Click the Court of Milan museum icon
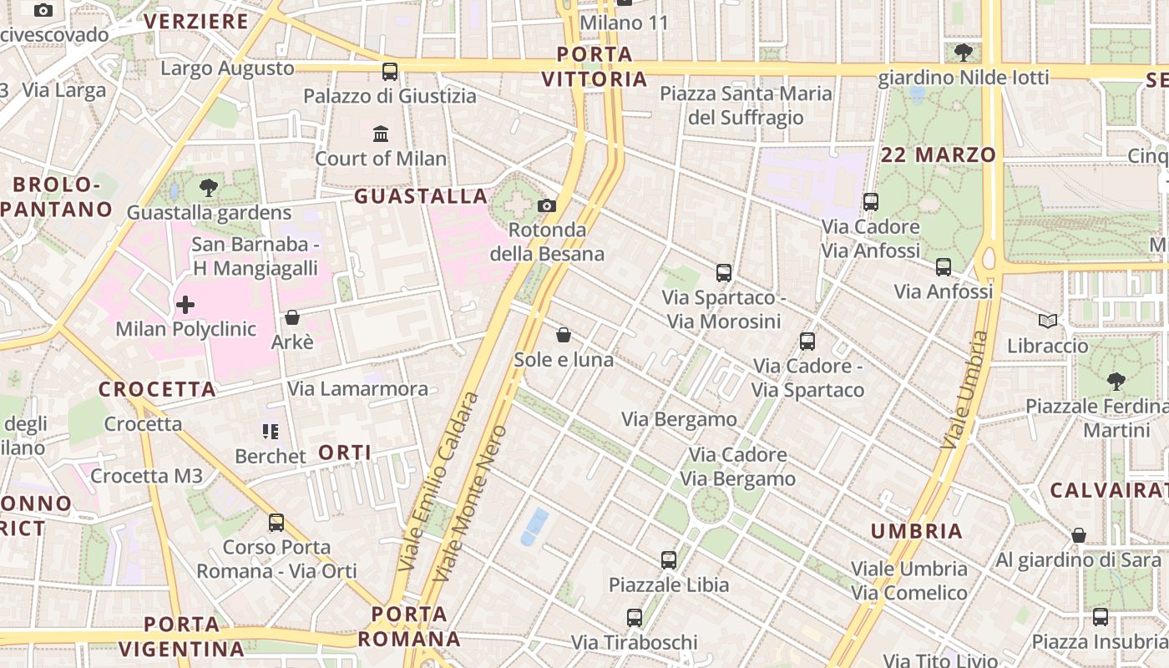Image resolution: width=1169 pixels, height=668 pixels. coord(381,134)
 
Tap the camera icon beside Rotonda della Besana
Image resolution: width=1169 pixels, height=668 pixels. coord(547,205)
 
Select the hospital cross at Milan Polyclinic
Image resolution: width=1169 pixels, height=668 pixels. coord(185,305)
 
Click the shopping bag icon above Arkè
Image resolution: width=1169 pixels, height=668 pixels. coord(292,317)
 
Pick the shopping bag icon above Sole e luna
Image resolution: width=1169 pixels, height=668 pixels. coord(564,335)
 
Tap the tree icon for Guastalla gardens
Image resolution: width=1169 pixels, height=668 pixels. coord(209,188)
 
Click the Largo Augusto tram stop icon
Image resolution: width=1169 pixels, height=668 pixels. coord(390,71)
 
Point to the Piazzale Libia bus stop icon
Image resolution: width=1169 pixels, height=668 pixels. coord(669,560)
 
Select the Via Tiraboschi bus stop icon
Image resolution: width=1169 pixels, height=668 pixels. coord(635,618)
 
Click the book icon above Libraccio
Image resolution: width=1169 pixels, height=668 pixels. coord(1048,321)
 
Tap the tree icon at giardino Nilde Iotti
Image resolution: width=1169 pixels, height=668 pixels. coord(963,53)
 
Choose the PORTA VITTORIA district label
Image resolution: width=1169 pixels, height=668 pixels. coord(594,67)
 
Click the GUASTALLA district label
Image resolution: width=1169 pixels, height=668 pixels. coord(421,196)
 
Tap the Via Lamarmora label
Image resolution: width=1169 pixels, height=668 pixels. coord(357,388)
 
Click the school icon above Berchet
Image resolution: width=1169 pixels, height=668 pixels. coord(270,432)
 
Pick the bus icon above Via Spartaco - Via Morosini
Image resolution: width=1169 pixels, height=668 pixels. coord(724,273)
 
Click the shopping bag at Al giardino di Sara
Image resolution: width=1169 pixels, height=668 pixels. coord(1079,535)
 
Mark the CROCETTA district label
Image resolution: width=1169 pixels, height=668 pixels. coord(157,389)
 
